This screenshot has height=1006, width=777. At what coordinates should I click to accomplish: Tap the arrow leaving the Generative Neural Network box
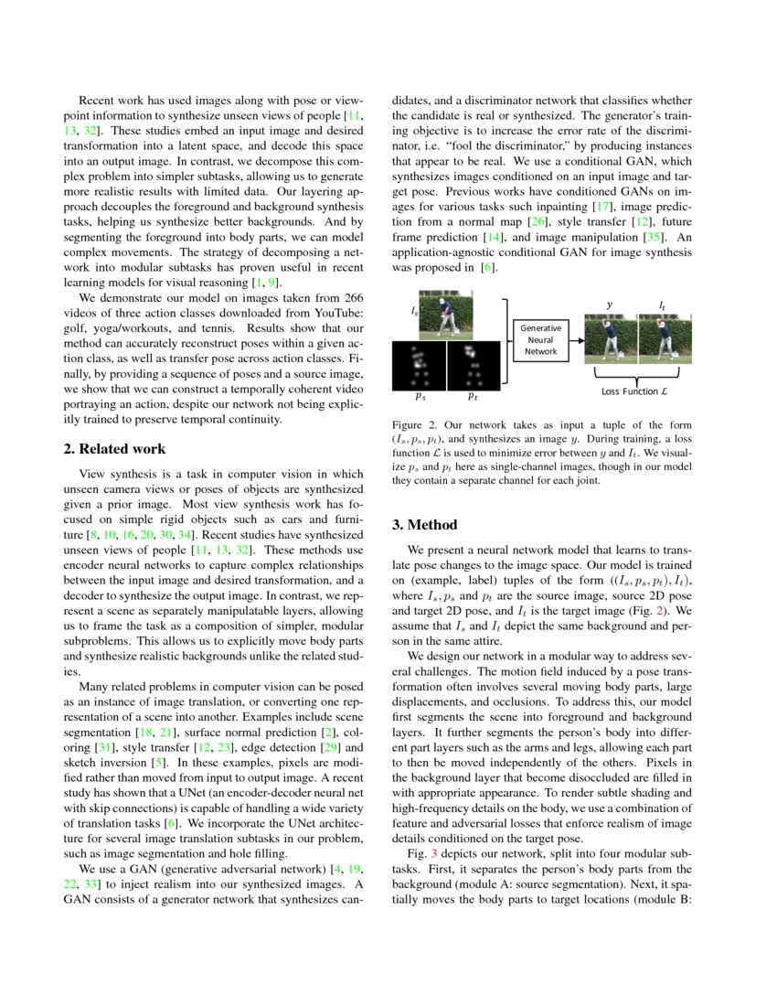click(577, 339)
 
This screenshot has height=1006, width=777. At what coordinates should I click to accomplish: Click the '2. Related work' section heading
click(115, 449)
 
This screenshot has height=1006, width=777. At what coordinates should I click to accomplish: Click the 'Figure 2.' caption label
click(415, 425)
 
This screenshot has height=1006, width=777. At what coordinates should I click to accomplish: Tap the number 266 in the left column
click(352, 298)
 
